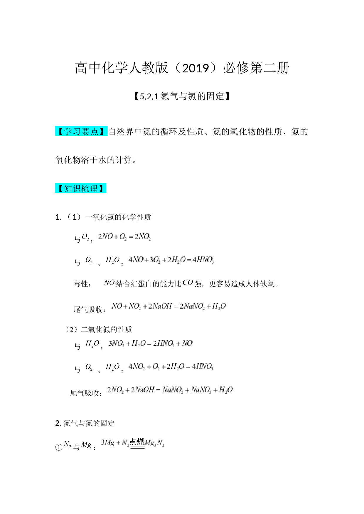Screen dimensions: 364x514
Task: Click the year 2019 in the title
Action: tap(195, 68)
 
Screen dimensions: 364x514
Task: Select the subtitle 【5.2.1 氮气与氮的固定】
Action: tap(182, 96)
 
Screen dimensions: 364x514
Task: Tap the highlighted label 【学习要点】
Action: tap(81, 131)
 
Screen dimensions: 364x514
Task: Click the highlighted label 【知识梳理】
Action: tap(81, 188)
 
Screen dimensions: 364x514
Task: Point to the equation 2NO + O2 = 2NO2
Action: tap(124, 237)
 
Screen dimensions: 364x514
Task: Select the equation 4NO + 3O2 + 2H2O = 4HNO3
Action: tap(171, 260)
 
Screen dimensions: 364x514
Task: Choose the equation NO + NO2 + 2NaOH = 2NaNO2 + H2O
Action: tap(169, 306)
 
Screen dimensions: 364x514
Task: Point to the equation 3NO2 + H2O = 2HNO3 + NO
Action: tap(150, 343)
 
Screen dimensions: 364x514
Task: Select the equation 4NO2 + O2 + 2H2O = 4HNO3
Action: tap(171, 367)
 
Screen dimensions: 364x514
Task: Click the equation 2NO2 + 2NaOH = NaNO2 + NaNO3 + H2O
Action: tap(170, 390)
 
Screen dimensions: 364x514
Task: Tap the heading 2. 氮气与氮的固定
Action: tap(85, 423)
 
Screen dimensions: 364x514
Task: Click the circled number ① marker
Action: tap(59, 447)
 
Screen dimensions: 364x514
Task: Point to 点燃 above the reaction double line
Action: tap(137, 442)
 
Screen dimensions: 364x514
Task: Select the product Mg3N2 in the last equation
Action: tap(155, 443)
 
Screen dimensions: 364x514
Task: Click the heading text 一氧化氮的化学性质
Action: tap(118, 217)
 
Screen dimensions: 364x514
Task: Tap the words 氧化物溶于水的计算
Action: tap(93, 160)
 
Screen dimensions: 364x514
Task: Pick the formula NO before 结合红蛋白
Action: tap(109, 282)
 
